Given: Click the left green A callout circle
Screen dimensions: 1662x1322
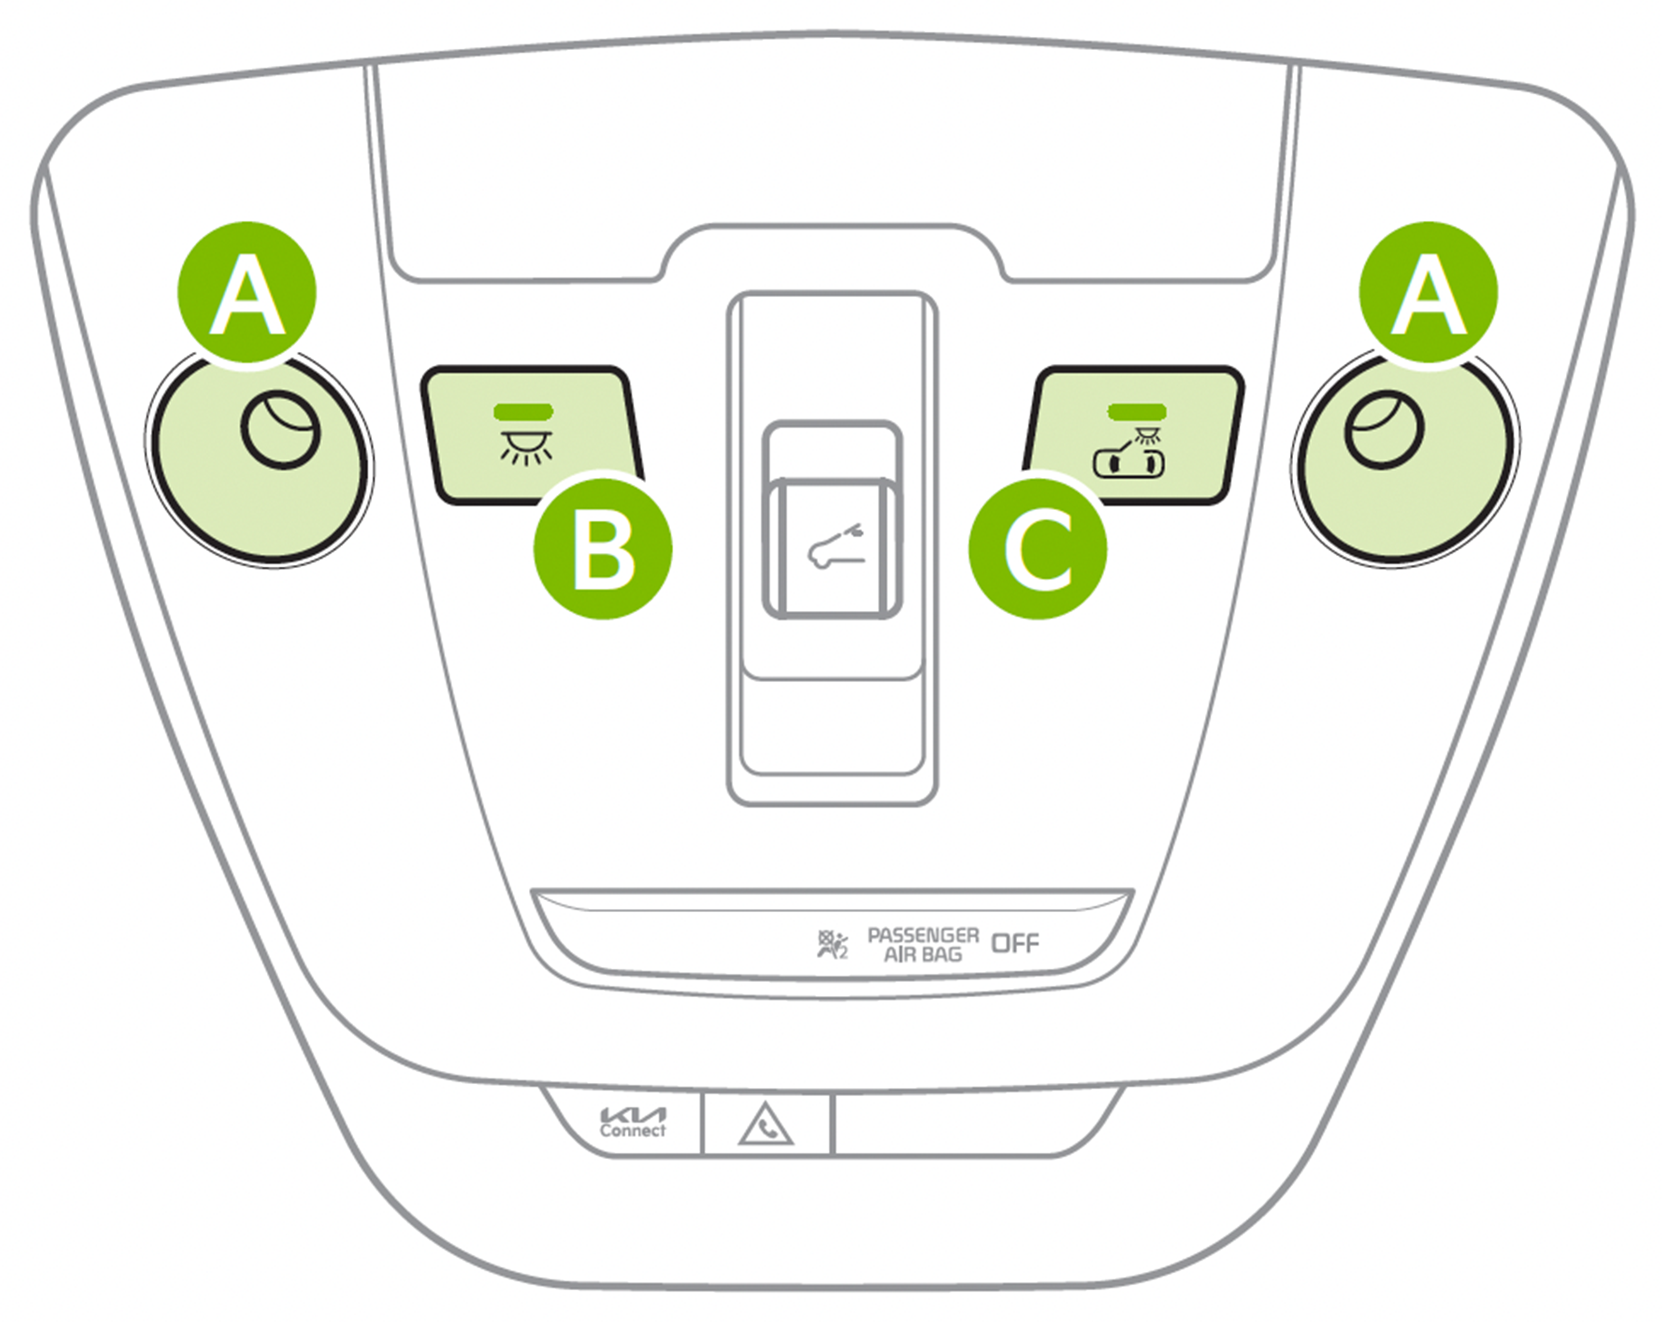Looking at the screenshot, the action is click(x=246, y=291).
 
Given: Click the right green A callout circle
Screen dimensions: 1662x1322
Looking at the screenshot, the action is click(x=1428, y=291).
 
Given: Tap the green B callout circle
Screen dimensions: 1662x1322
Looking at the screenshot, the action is click(x=603, y=549).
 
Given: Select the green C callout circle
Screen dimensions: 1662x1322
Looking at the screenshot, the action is click(x=1038, y=549).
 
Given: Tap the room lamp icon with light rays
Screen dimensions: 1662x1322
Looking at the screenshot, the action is click(x=526, y=448).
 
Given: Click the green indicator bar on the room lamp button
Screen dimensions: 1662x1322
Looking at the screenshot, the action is click(x=526, y=411).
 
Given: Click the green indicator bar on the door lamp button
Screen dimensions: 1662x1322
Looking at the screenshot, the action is click(x=1137, y=411).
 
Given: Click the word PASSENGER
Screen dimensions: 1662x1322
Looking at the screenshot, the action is click(x=924, y=936).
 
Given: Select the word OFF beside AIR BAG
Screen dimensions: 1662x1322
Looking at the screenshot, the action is click(x=1015, y=943).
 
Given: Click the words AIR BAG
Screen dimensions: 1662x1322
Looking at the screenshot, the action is click(x=924, y=955).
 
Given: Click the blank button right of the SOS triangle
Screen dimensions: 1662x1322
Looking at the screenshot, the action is click(x=971, y=1122).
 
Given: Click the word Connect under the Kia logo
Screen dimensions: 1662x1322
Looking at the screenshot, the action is click(x=632, y=1131).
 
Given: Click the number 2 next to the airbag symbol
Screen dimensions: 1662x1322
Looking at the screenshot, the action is click(x=843, y=954).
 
